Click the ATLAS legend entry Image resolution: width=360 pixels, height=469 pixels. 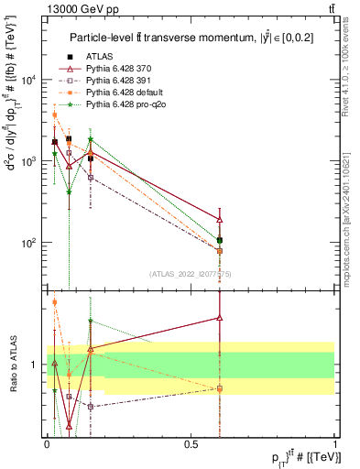tap(99, 58)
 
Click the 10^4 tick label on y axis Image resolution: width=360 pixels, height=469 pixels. tap(27, 80)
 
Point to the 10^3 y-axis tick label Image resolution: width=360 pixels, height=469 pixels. tap(27, 161)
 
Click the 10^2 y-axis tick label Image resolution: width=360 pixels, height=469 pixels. tap(27, 243)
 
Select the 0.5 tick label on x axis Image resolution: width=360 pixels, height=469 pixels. tap(191, 443)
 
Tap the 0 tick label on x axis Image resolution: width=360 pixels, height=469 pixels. tap(47, 443)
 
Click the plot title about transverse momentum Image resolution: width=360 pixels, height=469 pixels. tap(190, 38)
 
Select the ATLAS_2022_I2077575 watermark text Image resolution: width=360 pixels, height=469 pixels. tap(191, 273)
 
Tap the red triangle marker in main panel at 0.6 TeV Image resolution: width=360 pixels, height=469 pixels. tap(220, 220)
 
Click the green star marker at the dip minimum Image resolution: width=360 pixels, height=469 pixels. tap(69, 191)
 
